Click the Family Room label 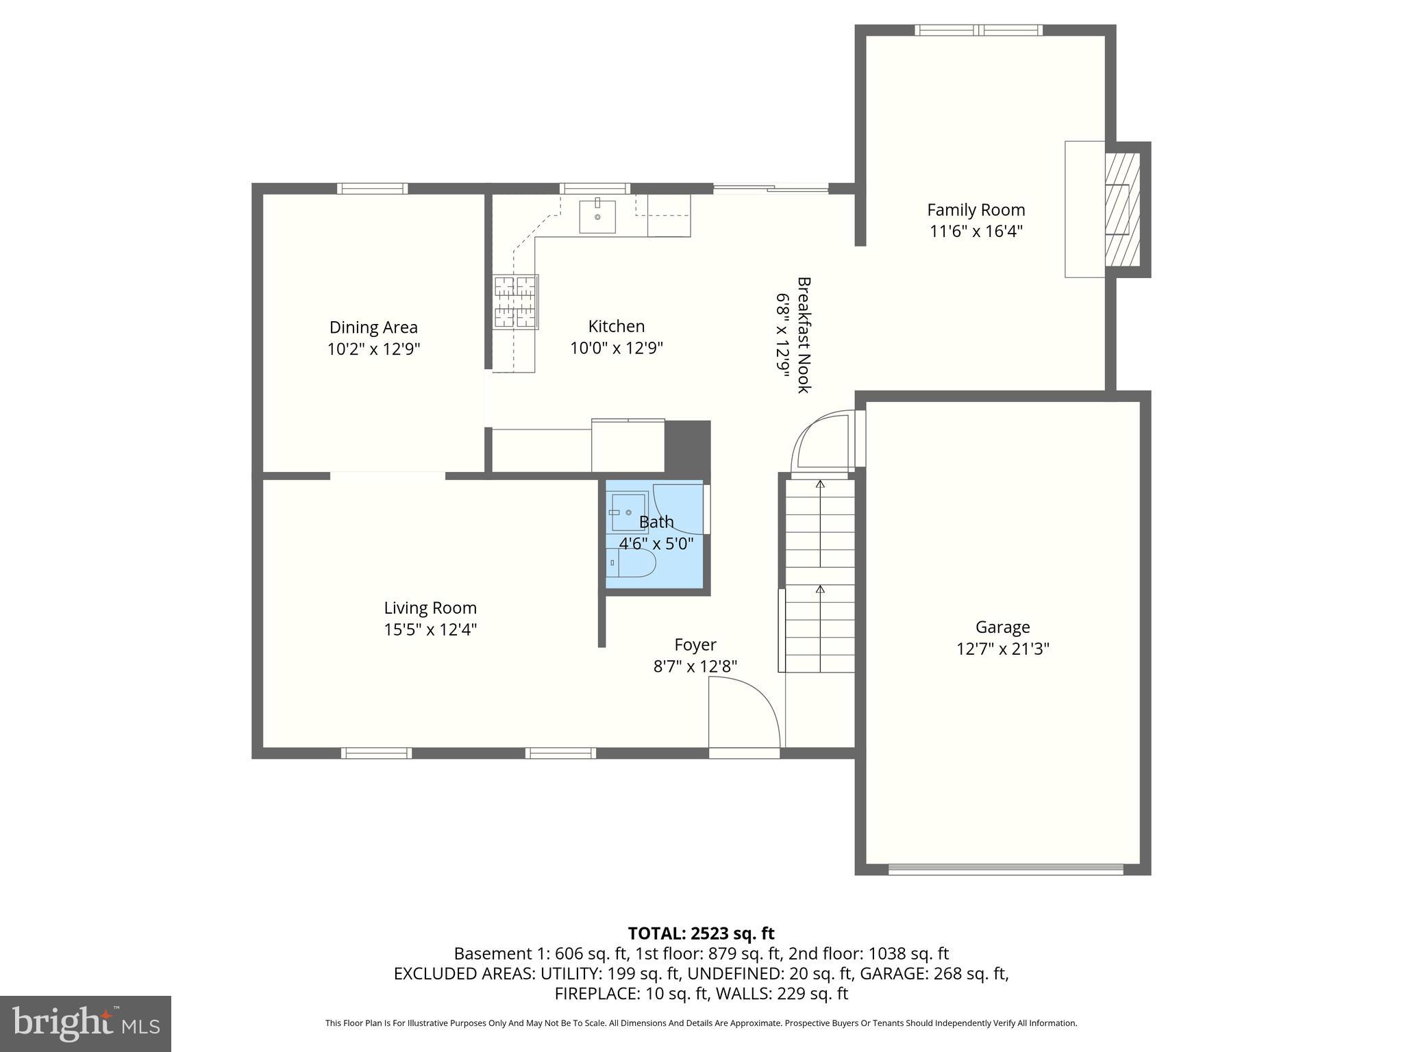coord(976,210)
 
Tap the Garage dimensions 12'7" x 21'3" coord(1003,649)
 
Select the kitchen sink coord(597,216)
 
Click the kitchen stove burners coord(515,302)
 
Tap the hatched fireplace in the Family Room coord(1122,209)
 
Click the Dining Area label coord(373,327)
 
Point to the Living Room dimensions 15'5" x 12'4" coord(430,629)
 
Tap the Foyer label coord(695,644)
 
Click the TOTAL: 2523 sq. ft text coord(701,934)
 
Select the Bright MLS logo coord(86,1023)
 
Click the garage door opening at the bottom coord(1006,870)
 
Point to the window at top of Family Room coord(978,30)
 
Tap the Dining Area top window coord(373,189)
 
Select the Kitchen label coord(617,326)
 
